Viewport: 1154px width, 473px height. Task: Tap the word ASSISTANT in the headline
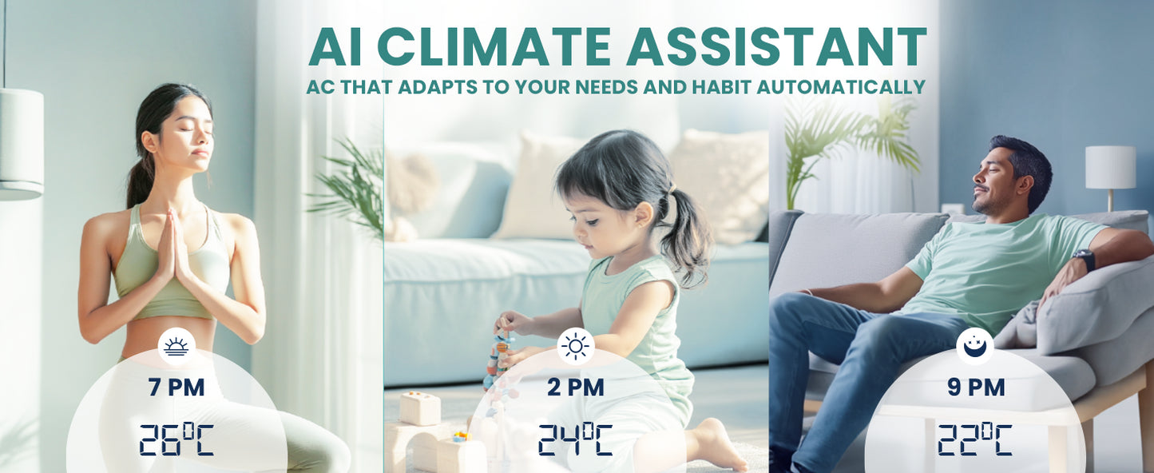coord(776,46)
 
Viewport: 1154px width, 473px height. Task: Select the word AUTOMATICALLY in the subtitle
coord(841,86)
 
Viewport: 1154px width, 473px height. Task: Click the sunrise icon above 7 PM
coord(176,346)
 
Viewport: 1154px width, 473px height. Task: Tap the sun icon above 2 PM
coord(576,346)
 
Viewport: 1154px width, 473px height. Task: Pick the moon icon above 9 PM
coord(975,346)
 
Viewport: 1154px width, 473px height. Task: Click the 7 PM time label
coord(176,388)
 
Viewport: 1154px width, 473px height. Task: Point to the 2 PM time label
coord(576,388)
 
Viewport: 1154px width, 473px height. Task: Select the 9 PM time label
coord(976,388)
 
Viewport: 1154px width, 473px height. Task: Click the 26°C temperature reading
coord(176,439)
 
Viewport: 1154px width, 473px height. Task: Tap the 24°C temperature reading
coord(576,439)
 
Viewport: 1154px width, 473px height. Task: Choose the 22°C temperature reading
coord(975,439)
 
